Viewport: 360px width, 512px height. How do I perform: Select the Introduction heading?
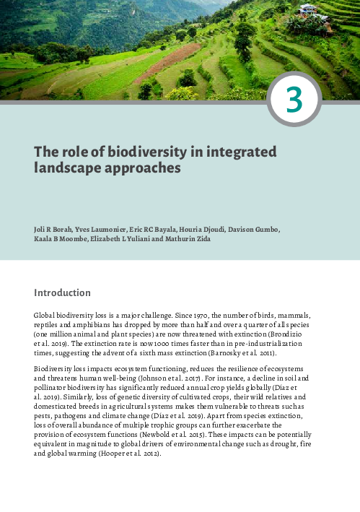coord(62,293)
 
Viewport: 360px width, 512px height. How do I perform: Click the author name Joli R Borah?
coord(54,230)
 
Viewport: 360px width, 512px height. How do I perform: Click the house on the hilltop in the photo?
coord(309,9)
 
